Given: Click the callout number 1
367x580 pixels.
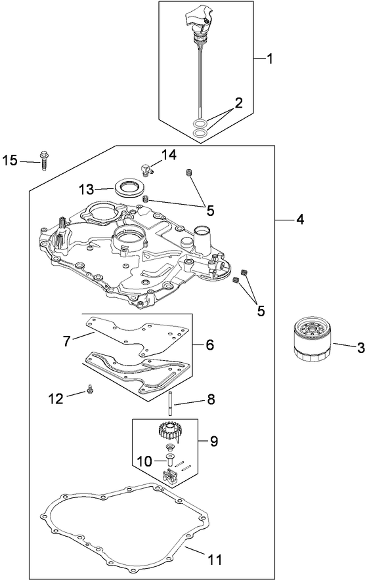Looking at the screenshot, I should pyautogui.click(x=269, y=59).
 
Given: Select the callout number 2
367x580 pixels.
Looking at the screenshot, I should pyautogui.click(x=238, y=103).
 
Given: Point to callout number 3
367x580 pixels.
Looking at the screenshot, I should pyautogui.click(x=360, y=348).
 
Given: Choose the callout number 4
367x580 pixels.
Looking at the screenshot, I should pyautogui.click(x=299, y=220).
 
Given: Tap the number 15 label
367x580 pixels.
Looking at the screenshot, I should pyautogui.click(x=10, y=161).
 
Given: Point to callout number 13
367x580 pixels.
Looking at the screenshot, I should pyautogui.click(x=87, y=189).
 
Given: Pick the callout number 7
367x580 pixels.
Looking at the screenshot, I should pyautogui.click(x=66, y=341).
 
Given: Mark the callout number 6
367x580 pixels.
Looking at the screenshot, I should pyautogui.click(x=210, y=344).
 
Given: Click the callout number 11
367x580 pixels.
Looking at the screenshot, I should pyautogui.click(x=214, y=560).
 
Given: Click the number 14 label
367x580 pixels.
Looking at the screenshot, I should pyautogui.click(x=169, y=155).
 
